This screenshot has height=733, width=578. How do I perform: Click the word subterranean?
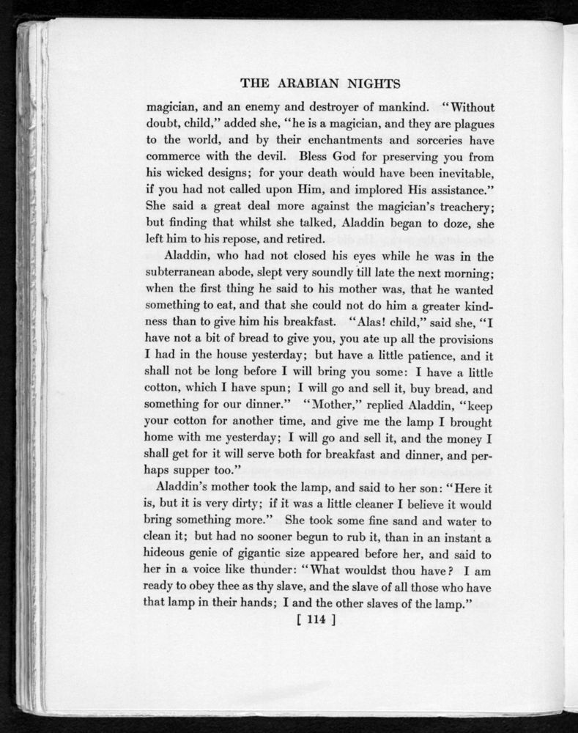[188, 276]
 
